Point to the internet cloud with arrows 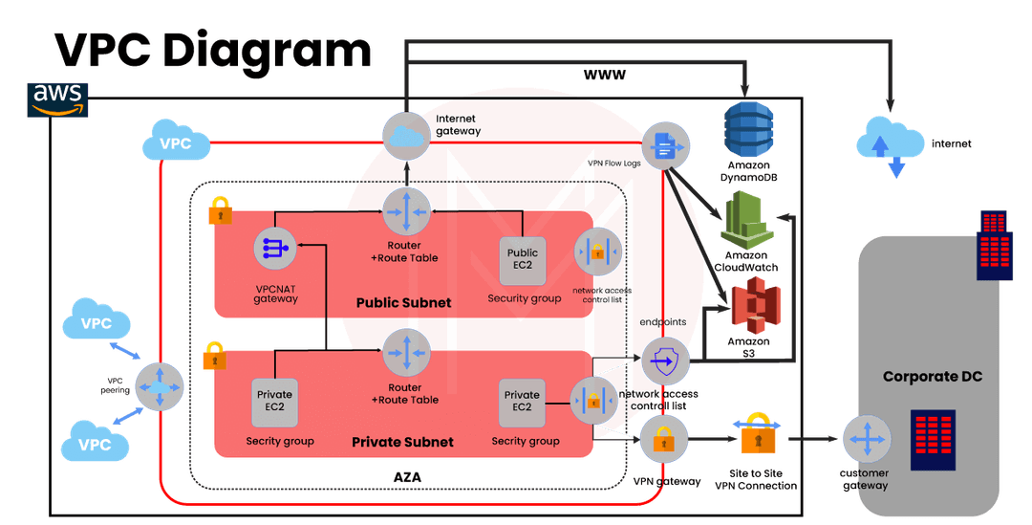[890, 145]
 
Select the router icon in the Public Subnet [407, 212]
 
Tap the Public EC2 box [523, 259]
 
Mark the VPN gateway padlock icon [664, 439]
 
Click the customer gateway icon [866, 441]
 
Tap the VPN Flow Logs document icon [665, 146]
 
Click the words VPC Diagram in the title [211, 50]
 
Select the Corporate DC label [932, 377]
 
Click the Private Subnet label [402, 442]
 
